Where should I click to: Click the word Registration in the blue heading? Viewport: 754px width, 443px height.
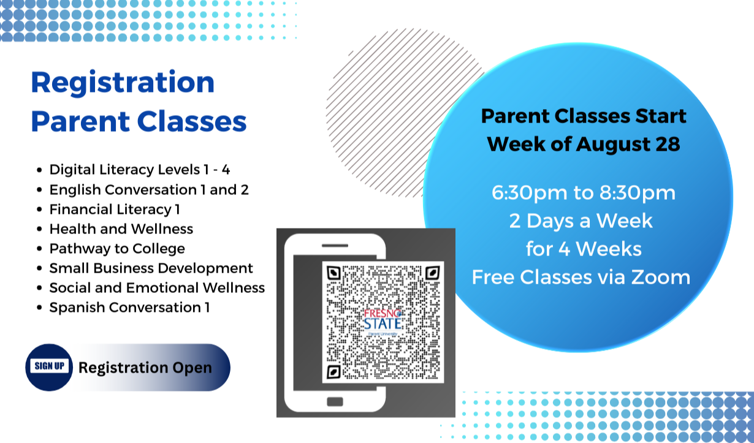pos(123,83)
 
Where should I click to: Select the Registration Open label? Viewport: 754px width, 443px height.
pos(145,368)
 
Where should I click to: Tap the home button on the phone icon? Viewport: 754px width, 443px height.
pos(335,401)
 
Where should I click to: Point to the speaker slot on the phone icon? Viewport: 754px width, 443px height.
pos(335,246)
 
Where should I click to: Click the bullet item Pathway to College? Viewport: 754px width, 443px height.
pos(117,249)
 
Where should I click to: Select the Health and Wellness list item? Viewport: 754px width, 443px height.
pos(121,229)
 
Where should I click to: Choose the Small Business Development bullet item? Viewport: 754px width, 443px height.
pos(151,268)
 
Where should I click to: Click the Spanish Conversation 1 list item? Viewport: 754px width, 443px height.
pos(129,308)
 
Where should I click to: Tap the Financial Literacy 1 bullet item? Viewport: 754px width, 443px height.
pos(115,210)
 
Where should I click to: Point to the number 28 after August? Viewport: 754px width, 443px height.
pos(668,145)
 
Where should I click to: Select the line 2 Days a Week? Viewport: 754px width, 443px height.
pos(581,221)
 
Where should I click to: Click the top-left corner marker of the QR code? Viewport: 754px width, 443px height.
pos(333,273)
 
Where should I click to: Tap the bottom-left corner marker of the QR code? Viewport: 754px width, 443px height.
pos(333,372)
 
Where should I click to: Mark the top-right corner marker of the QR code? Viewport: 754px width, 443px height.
pos(433,273)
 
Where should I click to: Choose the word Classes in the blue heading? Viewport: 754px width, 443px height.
pos(192,121)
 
